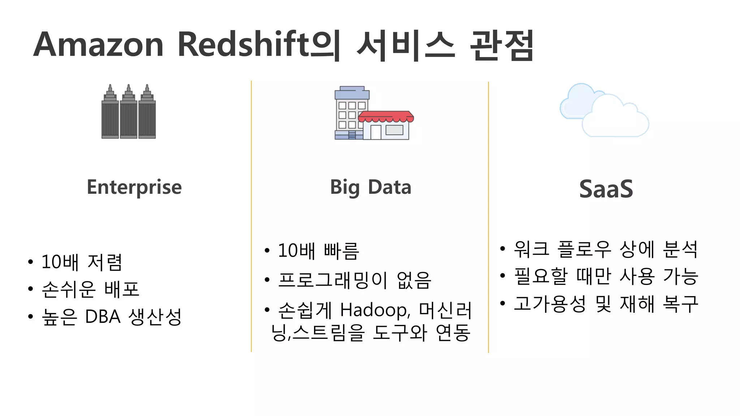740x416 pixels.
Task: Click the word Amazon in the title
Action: coord(98,45)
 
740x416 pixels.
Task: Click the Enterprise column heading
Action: coord(134,187)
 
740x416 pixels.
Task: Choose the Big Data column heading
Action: coord(370,187)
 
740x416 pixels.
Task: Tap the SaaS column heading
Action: coord(606,189)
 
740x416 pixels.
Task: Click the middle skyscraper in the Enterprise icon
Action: coord(129,116)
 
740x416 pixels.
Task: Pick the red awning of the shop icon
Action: coord(386,116)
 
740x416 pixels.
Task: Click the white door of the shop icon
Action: coord(376,132)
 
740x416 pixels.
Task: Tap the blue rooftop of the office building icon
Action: coord(352,93)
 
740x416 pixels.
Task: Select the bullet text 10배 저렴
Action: coord(82,262)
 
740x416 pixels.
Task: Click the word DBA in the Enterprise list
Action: coord(103,317)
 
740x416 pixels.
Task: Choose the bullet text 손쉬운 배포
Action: coord(90,289)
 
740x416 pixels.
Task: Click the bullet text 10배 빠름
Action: coord(318,251)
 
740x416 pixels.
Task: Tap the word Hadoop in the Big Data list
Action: coord(375,310)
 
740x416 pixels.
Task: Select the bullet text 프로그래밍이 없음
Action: coord(354,280)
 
